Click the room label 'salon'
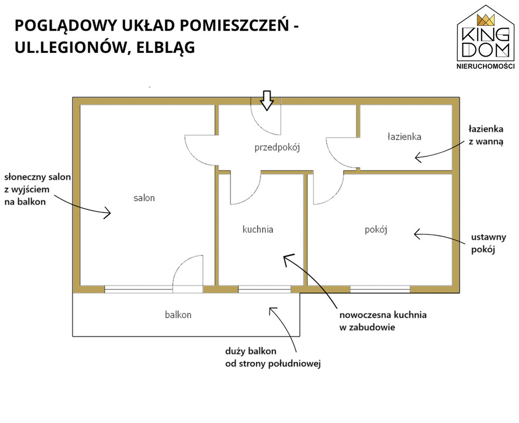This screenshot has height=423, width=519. [144, 198]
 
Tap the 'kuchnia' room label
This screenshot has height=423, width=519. [258, 229]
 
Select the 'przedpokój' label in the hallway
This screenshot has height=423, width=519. [277, 148]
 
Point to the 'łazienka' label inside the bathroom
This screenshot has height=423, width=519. [404, 136]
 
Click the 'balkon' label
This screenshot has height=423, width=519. [178, 315]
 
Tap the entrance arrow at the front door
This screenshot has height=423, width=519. [266, 100]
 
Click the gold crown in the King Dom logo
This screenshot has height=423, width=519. [486, 20]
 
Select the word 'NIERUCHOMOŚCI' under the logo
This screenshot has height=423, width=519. [486, 66]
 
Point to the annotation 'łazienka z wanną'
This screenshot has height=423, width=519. [486, 135]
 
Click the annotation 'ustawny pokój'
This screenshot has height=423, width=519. [488, 243]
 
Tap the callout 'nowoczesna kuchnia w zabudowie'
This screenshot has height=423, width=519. [383, 321]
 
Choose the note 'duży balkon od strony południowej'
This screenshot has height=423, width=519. [273, 357]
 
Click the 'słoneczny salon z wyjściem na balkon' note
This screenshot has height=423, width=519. [38, 189]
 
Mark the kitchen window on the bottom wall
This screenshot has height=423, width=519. [264, 289]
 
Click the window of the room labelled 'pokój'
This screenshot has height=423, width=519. [380, 289]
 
